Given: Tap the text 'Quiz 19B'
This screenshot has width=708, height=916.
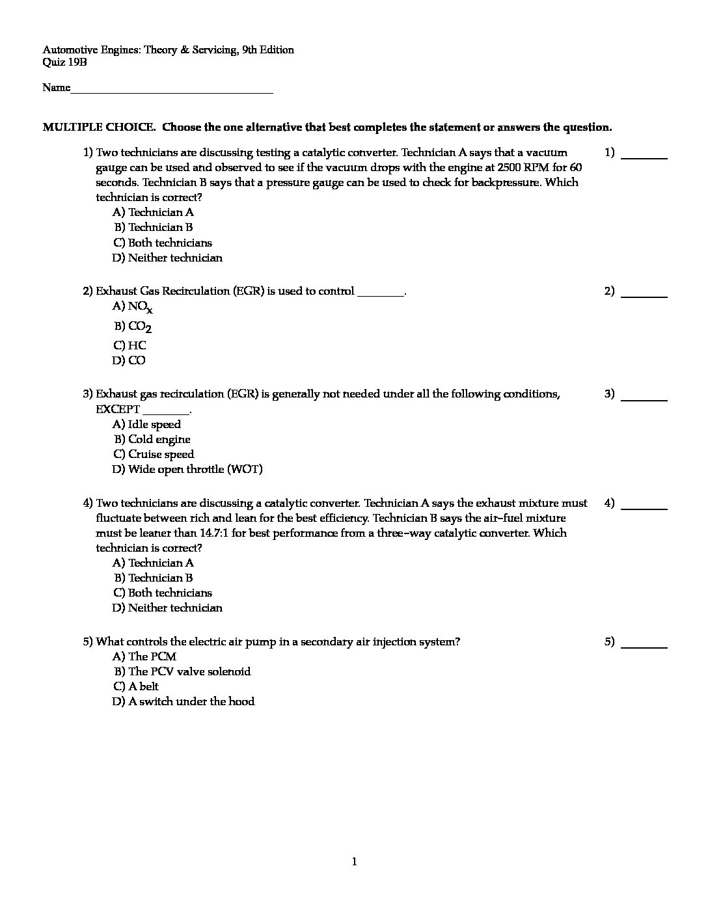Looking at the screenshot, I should pyautogui.click(x=64, y=62).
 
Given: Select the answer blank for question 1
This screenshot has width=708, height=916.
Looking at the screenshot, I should pyautogui.click(x=644, y=157).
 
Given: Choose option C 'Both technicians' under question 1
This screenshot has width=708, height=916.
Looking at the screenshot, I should pyautogui.click(x=163, y=243).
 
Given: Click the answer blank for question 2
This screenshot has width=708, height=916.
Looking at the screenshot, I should pyautogui.click(x=644, y=295).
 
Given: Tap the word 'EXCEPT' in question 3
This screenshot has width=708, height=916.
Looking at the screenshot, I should pyautogui.click(x=118, y=409).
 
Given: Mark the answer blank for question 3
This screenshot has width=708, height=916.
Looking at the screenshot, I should pyautogui.click(x=644, y=398).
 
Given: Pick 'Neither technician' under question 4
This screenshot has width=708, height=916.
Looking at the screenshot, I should pyautogui.click(x=167, y=608).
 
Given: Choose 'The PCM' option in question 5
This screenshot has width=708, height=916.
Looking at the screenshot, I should pyautogui.click(x=144, y=656).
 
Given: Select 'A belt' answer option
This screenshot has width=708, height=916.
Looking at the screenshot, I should pyautogui.click(x=136, y=686).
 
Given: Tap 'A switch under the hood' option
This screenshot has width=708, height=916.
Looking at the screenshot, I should pyautogui.click(x=184, y=701).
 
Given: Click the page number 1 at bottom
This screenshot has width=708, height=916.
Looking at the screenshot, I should pyautogui.click(x=354, y=862).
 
